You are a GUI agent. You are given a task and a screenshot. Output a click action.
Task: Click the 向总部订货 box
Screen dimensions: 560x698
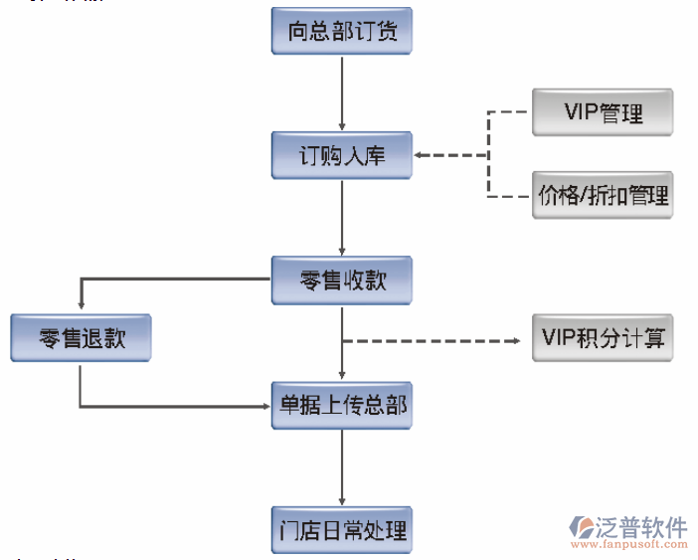[342, 32]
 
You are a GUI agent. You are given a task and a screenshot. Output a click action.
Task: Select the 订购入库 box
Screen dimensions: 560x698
[342, 156]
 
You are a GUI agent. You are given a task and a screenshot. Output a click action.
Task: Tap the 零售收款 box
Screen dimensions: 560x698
[342, 280]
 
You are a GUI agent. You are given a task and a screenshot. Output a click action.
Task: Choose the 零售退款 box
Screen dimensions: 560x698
[81, 338]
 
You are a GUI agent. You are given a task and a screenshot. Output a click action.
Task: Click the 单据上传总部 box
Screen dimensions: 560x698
[342, 405]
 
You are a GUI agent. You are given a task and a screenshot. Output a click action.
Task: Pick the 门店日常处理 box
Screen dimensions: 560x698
[342, 529]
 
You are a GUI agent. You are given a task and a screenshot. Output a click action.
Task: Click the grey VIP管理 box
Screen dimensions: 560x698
[603, 112]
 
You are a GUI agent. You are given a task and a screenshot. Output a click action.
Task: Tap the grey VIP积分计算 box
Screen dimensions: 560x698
[603, 337]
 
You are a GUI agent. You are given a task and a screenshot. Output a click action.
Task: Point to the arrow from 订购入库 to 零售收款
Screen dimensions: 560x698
[342, 218]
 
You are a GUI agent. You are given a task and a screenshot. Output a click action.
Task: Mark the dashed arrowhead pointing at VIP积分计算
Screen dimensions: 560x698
[515, 341]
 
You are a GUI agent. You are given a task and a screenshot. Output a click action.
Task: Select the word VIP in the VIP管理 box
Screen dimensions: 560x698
[582, 112]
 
